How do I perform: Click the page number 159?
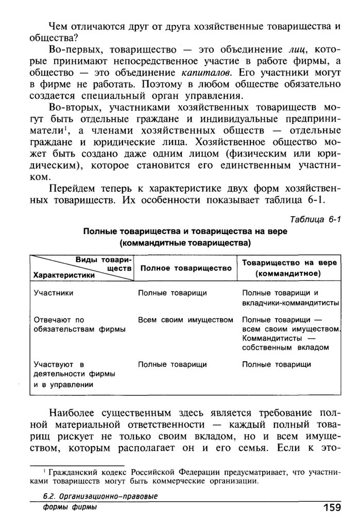[332, 508]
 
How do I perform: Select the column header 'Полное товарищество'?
[185, 268]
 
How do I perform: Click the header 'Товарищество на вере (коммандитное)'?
[289, 268]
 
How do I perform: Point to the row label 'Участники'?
[53, 293]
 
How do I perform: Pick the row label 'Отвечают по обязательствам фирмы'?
[72, 324]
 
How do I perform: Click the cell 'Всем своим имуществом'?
[185, 320]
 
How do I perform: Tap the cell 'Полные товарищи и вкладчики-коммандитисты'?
[290, 297]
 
